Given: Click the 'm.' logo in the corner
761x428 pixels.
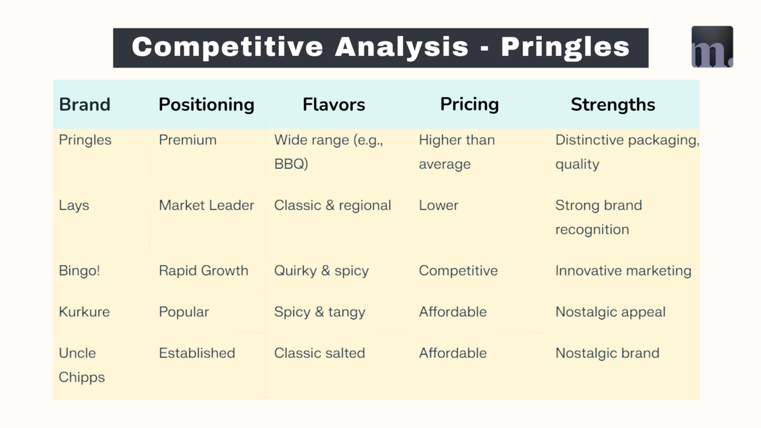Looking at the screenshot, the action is [x=712, y=47].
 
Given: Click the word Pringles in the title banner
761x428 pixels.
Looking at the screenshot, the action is [x=565, y=48].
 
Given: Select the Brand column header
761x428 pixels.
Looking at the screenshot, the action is [x=85, y=104].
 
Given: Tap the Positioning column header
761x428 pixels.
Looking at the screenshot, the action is [x=206, y=105].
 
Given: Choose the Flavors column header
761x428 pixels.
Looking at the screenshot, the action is [x=333, y=104].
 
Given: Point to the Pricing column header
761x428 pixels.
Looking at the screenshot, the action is [x=469, y=104].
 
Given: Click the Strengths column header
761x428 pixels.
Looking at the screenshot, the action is [x=613, y=105].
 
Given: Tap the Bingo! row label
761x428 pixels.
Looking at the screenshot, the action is [x=79, y=271].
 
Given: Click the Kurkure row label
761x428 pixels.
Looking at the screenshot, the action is [x=84, y=312].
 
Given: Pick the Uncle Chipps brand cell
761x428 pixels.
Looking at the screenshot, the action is [x=81, y=366].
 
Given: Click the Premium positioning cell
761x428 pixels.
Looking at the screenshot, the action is [x=187, y=140].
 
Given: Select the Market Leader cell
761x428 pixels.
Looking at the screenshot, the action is [x=206, y=205].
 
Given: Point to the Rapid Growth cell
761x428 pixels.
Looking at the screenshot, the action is [x=203, y=271].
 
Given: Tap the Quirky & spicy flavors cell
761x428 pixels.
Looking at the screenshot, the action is [x=321, y=271].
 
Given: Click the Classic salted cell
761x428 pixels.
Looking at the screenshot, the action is [x=319, y=353].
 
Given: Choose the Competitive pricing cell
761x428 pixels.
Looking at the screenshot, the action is [x=458, y=271].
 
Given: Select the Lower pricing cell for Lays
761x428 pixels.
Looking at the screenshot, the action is [x=438, y=205].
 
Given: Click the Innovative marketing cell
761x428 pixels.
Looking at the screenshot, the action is [x=623, y=271].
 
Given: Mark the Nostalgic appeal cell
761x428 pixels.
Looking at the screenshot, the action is [x=610, y=313].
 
